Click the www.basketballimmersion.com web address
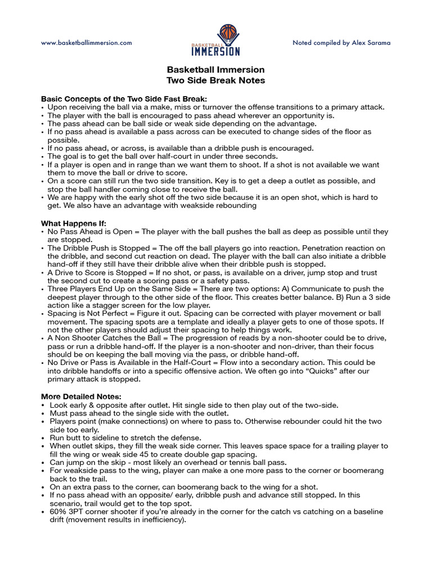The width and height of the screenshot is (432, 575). coord(86,43)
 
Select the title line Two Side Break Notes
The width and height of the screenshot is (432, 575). coord(215,80)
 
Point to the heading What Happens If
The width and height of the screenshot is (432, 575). coord(74,223)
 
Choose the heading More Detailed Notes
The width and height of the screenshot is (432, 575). coord(81,396)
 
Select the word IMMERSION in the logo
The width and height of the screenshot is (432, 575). coord(216,51)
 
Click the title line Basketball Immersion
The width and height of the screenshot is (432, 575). coord(215,70)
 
